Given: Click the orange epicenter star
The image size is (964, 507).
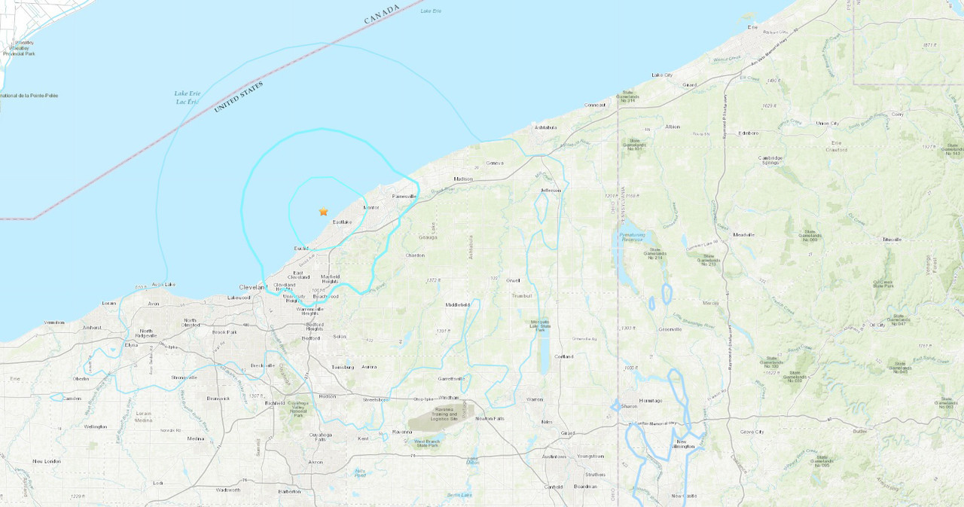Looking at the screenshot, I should pos(324,212).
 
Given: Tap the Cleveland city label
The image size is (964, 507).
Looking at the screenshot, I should pos(252,287).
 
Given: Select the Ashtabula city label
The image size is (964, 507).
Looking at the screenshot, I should pos(545,127).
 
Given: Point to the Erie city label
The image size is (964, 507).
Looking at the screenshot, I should pos(752,27).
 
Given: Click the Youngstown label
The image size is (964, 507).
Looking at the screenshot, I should pos(590,456).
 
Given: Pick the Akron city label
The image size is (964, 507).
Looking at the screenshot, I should pos(316,462).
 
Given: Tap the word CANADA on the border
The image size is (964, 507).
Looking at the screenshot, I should pos(382,14).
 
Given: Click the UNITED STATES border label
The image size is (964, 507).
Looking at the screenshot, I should pos(239,97).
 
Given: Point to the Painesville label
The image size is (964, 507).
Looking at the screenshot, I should pos(404,196).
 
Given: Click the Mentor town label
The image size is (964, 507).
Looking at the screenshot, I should pos(371,207).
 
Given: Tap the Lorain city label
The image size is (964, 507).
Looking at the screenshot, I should pos(109,303).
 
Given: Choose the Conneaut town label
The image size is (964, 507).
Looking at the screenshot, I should pos(595,105).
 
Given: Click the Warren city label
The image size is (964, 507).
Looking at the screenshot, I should pos(534,399).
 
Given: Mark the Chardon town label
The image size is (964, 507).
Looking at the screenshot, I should pos(415,255).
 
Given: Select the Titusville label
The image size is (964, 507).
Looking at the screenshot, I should pos(892,240).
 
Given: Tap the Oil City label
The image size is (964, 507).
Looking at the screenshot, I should pos(877,325).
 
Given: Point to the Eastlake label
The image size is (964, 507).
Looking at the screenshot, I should pos(342,222).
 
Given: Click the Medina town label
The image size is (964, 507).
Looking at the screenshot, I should pos(196,438).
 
